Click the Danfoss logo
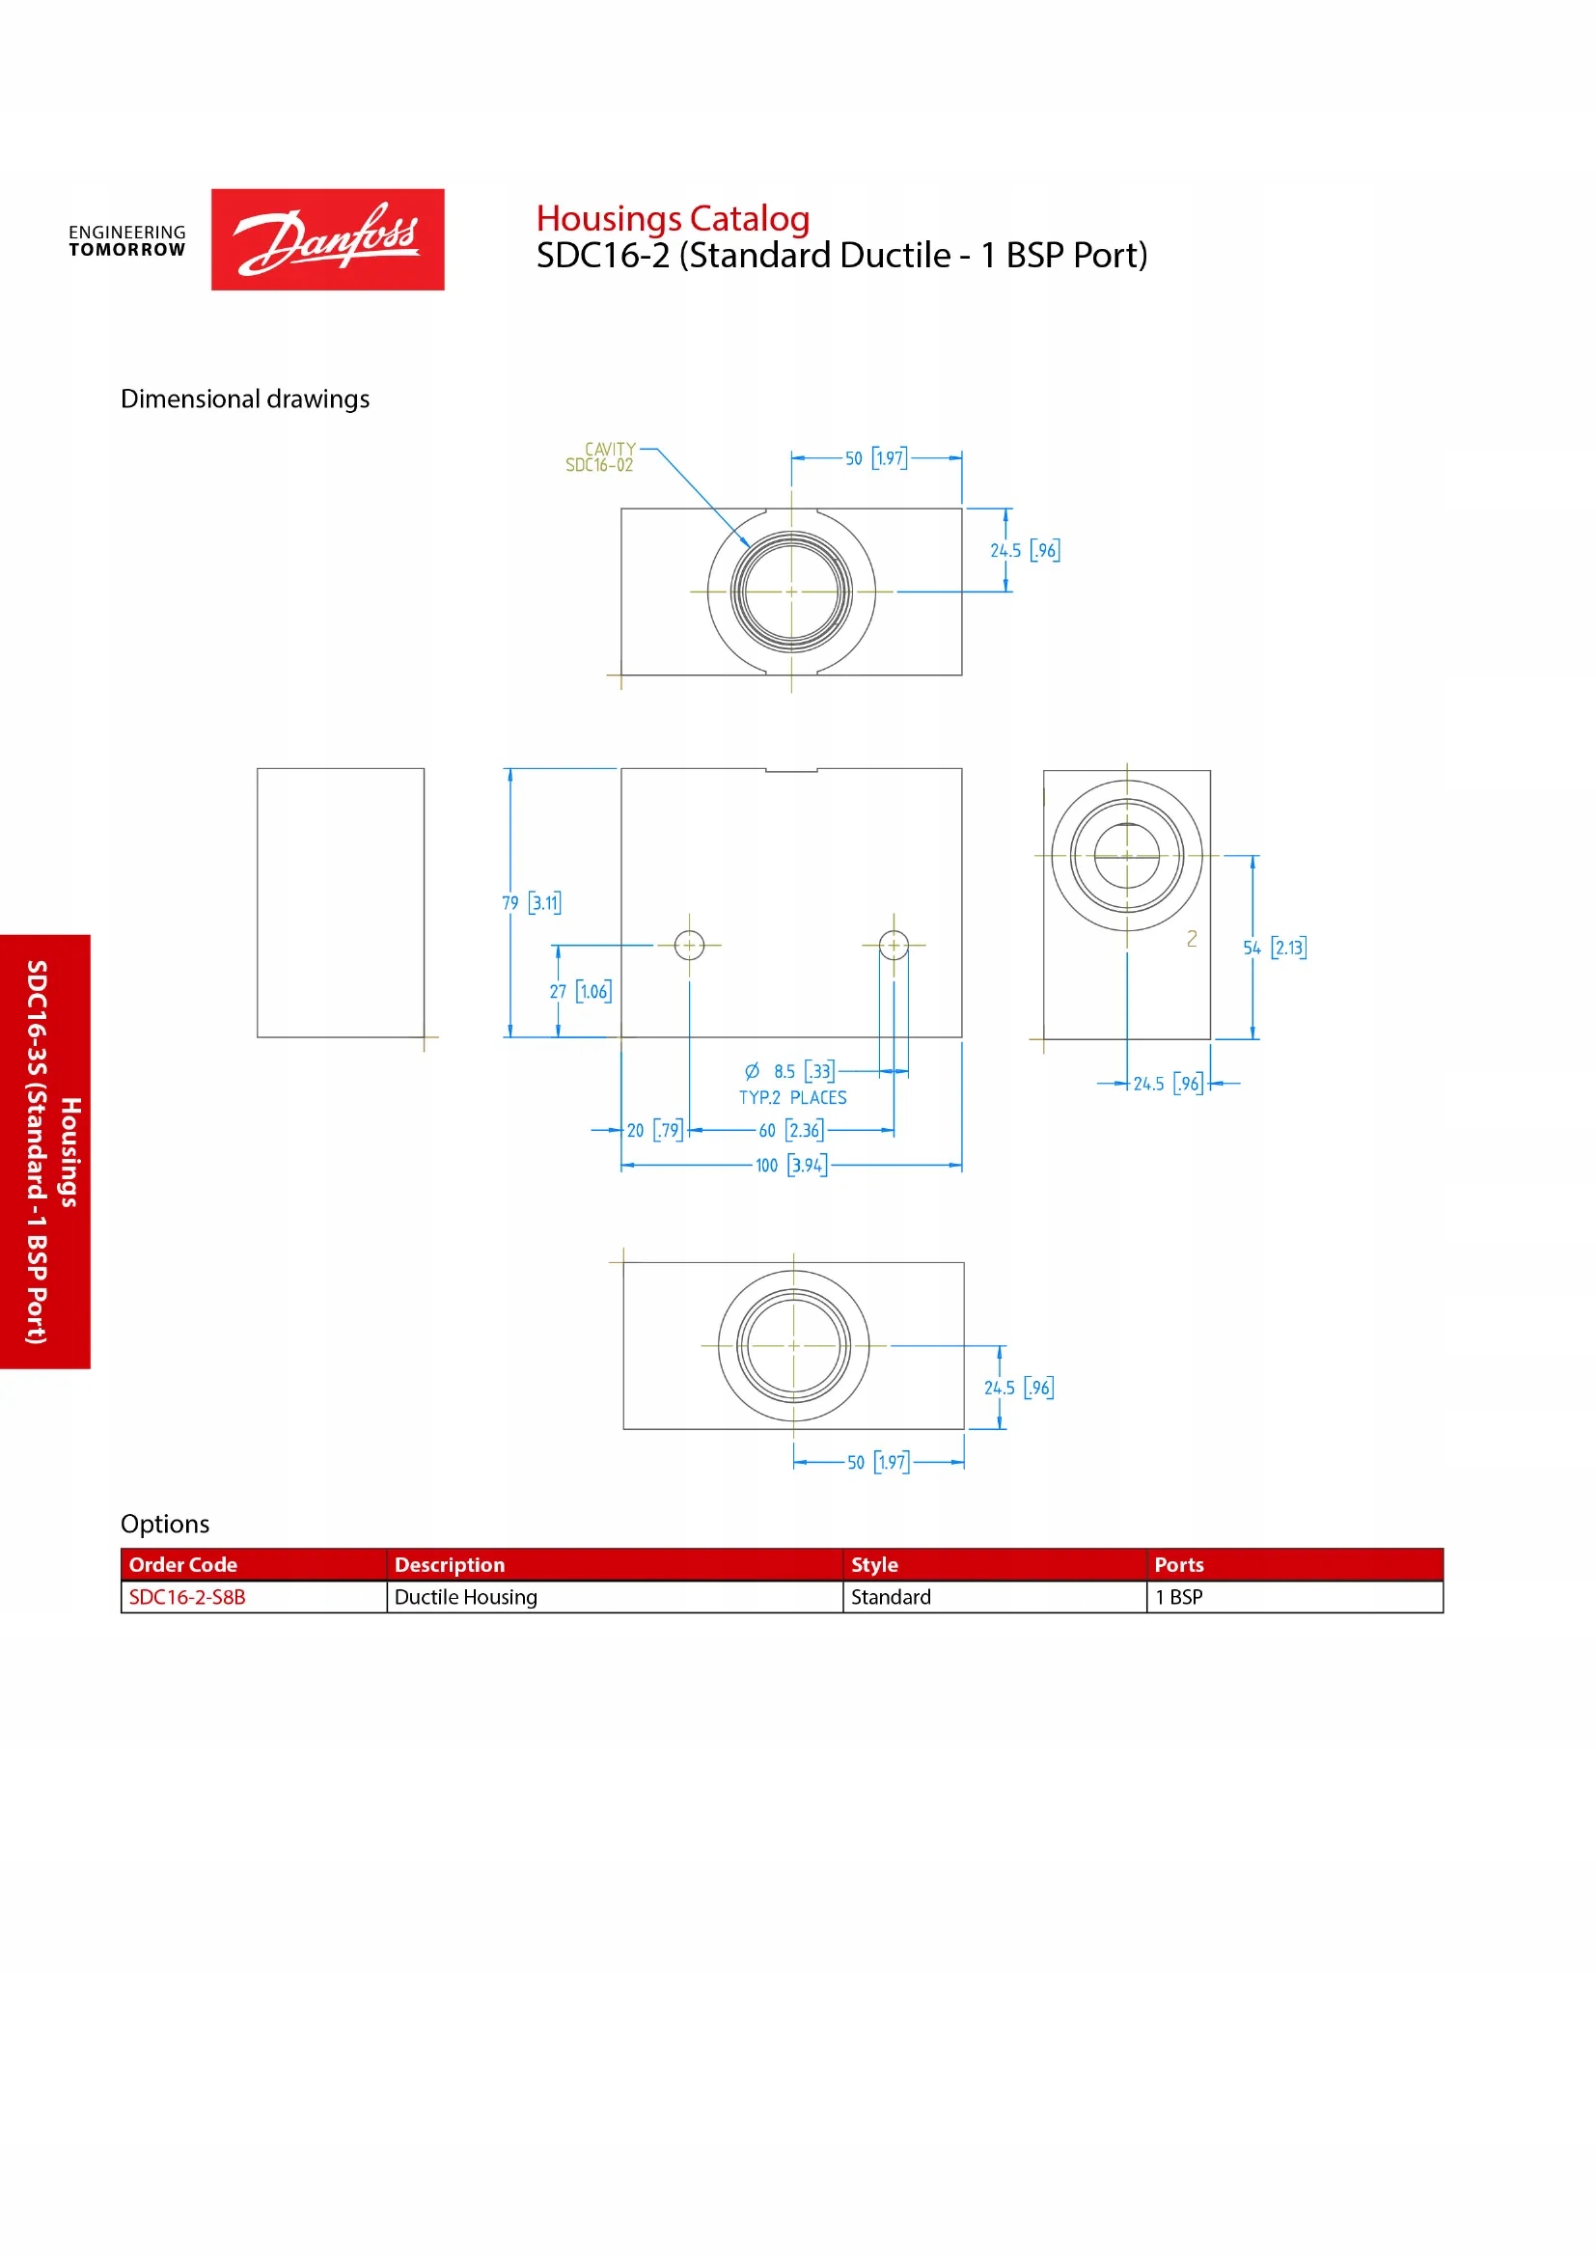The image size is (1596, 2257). pyautogui.click(x=327, y=239)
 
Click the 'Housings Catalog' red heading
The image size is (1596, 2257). pyautogui.click(x=673, y=218)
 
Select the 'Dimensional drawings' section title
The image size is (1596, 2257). pyautogui.click(x=245, y=399)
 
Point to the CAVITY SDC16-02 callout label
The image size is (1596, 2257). pyautogui.click(x=600, y=457)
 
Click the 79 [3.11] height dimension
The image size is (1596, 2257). pyautogui.click(x=532, y=902)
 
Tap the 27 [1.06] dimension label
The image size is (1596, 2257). pyautogui.click(x=580, y=991)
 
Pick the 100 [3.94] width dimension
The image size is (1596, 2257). pyautogui.click(x=791, y=1165)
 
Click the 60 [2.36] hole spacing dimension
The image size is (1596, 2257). pyautogui.click(x=791, y=1131)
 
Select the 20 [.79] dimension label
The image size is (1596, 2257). pyautogui.click(x=654, y=1131)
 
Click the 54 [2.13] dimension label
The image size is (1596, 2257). pyautogui.click(x=1275, y=948)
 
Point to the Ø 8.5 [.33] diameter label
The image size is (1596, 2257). pyautogui.click(x=789, y=1070)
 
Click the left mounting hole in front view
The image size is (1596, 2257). pyautogui.click(x=689, y=945)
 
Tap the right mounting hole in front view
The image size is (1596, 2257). pyautogui.click(x=894, y=945)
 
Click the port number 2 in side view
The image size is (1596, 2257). pyautogui.click(x=1191, y=939)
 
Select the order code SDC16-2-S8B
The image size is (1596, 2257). pyautogui.click(x=188, y=1596)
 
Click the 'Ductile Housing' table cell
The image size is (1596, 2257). pyautogui.click(x=466, y=1596)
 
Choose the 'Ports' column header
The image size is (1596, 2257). pyautogui.click(x=1178, y=1564)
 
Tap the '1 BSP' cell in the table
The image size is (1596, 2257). pyautogui.click(x=1178, y=1596)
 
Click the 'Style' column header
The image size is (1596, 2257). pyautogui.click(x=873, y=1564)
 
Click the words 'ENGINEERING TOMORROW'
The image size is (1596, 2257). pyautogui.click(x=126, y=241)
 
